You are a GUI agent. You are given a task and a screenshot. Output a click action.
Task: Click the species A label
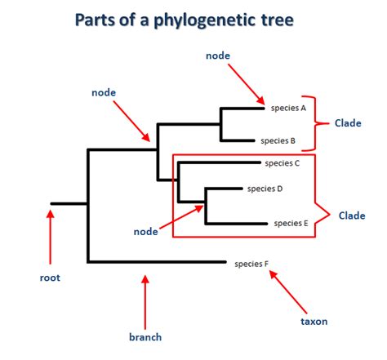point(287,107)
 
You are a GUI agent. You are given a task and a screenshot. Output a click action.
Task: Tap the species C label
point(282,163)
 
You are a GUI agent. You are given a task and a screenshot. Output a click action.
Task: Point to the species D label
point(265,189)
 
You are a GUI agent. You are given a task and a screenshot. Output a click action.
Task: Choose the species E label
point(291,222)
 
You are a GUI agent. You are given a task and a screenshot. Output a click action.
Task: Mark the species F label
point(251,263)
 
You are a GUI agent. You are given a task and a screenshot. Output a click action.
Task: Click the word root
point(50,278)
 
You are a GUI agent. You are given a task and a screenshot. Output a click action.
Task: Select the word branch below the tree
point(145,336)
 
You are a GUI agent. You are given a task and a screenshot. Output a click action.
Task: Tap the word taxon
point(314,321)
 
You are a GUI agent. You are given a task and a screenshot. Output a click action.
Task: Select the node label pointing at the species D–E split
point(145,232)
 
